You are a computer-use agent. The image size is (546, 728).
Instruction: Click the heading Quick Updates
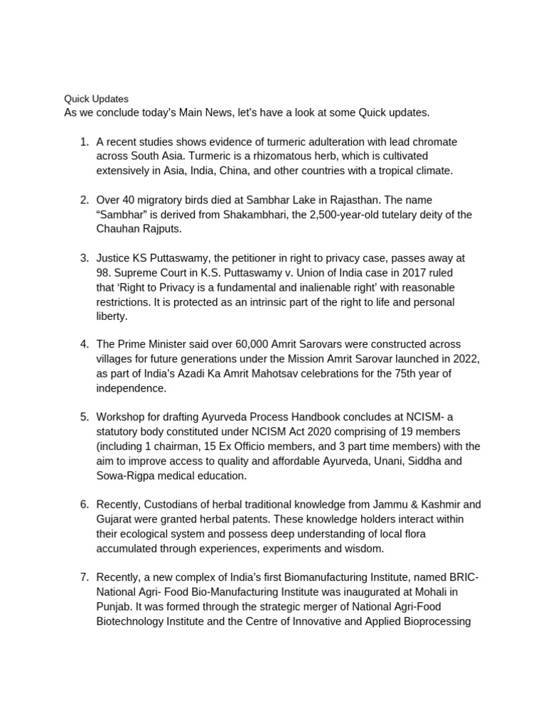tap(97, 99)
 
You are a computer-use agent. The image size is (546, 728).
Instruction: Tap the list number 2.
tap(84, 200)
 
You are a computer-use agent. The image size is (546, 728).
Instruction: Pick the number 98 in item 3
tap(103, 273)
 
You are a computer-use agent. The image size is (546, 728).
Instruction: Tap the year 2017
tap(409, 273)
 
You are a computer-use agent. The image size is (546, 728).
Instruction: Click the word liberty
tap(112, 317)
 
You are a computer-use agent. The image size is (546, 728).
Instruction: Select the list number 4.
tap(84, 344)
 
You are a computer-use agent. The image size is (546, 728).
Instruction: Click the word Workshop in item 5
tap(121, 417)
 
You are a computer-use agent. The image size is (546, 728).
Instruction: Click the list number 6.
tap(84, 505)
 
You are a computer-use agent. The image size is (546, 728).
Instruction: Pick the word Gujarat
tap(116, 520)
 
